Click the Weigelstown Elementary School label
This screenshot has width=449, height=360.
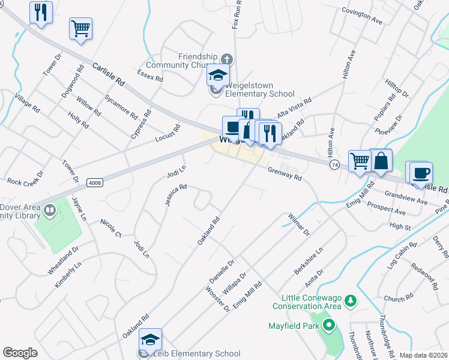[259, 94]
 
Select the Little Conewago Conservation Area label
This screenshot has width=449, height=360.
[307, 302]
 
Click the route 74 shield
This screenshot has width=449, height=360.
[334, 164]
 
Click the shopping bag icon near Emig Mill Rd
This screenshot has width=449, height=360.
[381, 161]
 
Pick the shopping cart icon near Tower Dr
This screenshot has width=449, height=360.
[80, 28]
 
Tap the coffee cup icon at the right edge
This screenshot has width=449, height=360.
[421, 173]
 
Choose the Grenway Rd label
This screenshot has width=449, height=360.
[285, 174]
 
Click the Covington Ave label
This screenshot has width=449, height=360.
[362, 15]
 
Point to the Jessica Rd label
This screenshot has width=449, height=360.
[176, 195]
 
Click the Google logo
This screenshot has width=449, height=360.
[20, 353]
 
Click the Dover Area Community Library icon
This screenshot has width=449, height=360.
[50, 210]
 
